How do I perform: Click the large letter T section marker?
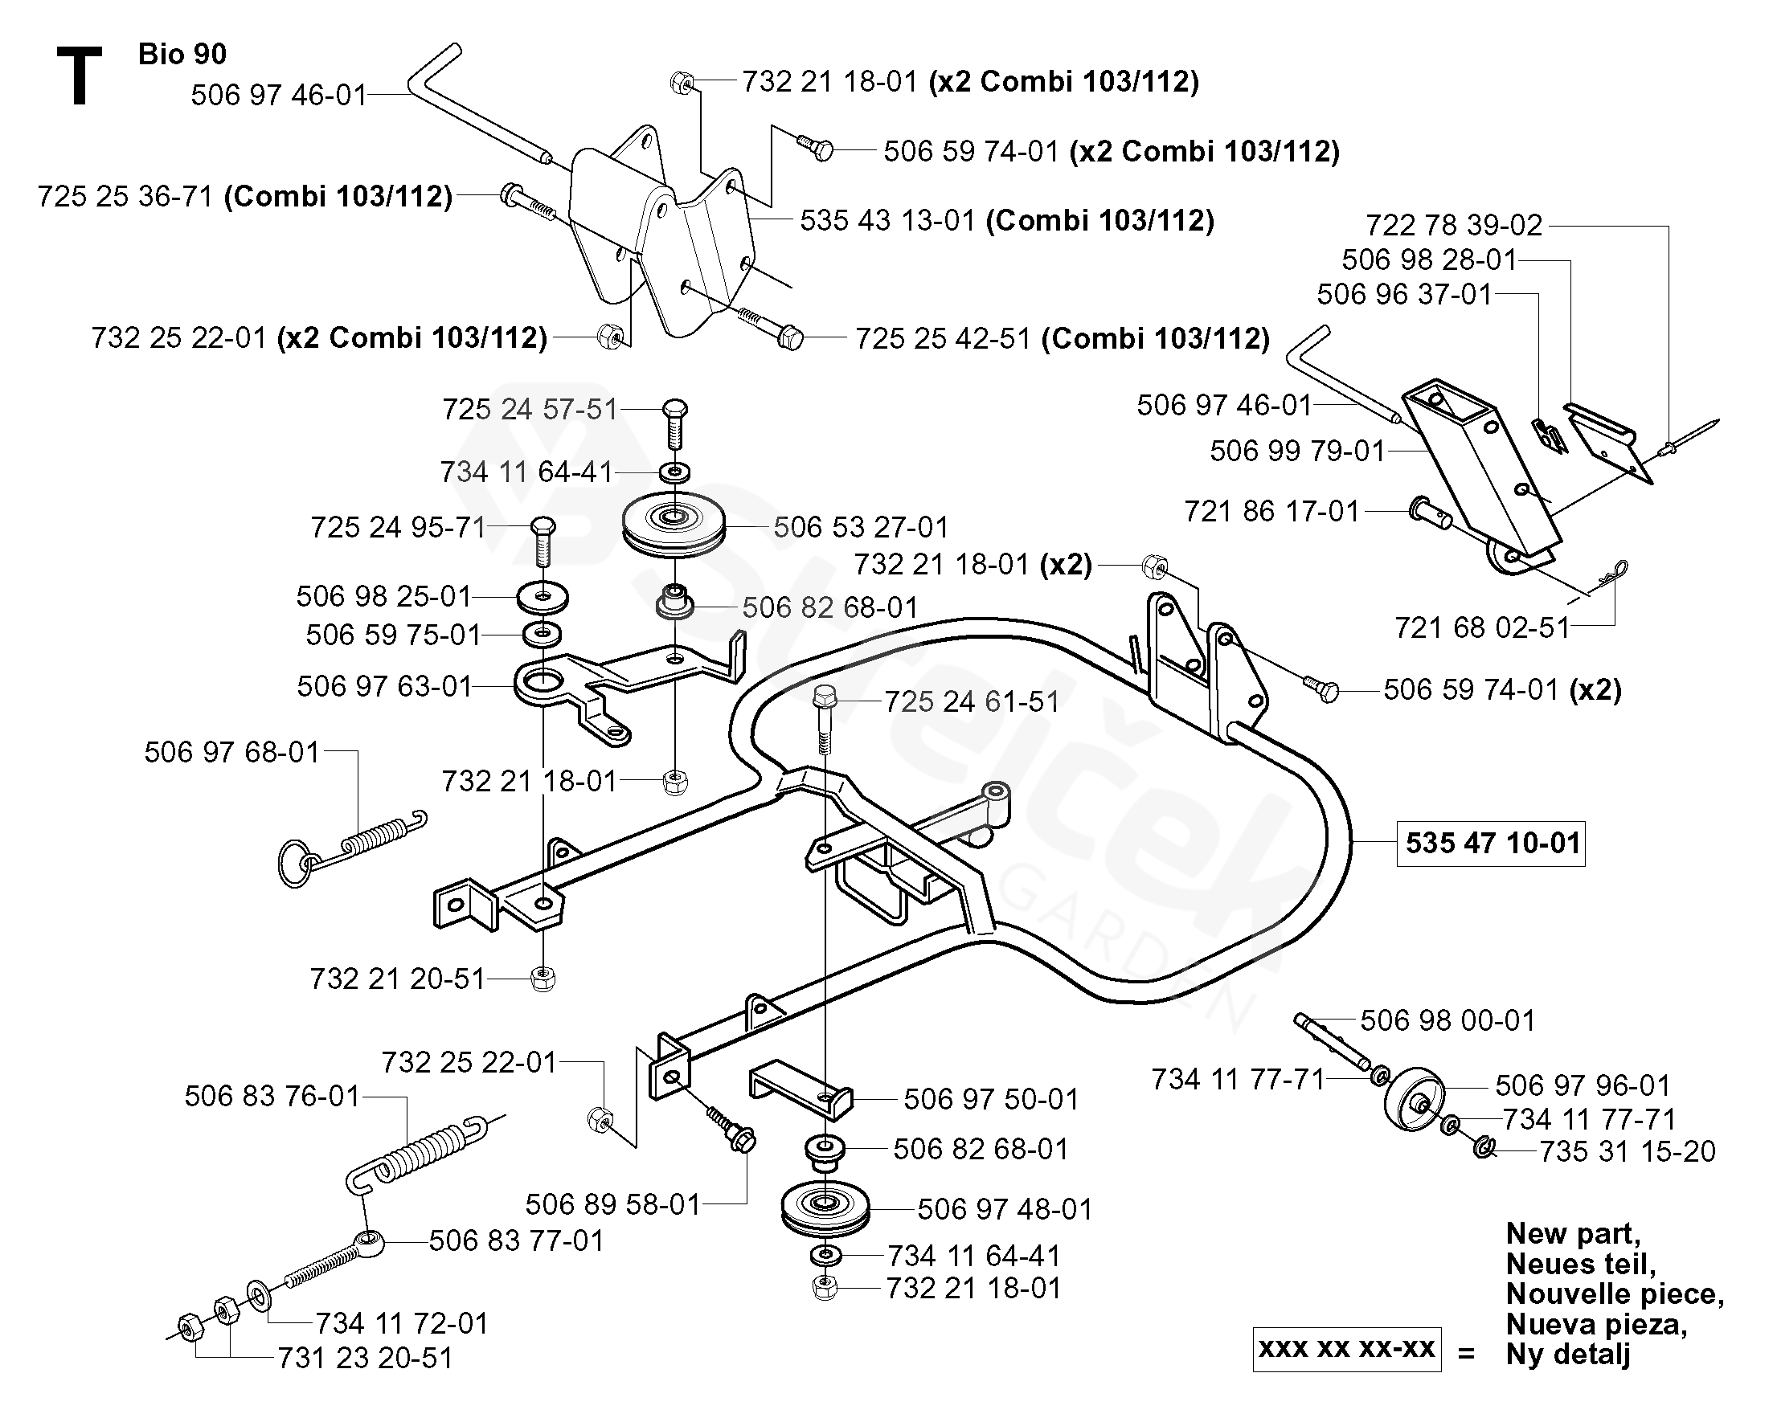click(x=79, y=76)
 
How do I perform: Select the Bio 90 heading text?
click(x=182, y=54)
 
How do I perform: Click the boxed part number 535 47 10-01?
click(x=1492, y=844)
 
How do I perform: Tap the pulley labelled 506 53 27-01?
click(x=674, y=523)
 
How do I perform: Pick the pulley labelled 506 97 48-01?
click(x=823, y=1208)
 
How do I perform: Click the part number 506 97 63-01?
click(x=384, y=685)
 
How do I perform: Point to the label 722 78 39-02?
click(x=1454, y=224)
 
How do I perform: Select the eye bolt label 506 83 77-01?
click(x=517, y=1240)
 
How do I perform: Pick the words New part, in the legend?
click(x=1572, y=1233)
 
